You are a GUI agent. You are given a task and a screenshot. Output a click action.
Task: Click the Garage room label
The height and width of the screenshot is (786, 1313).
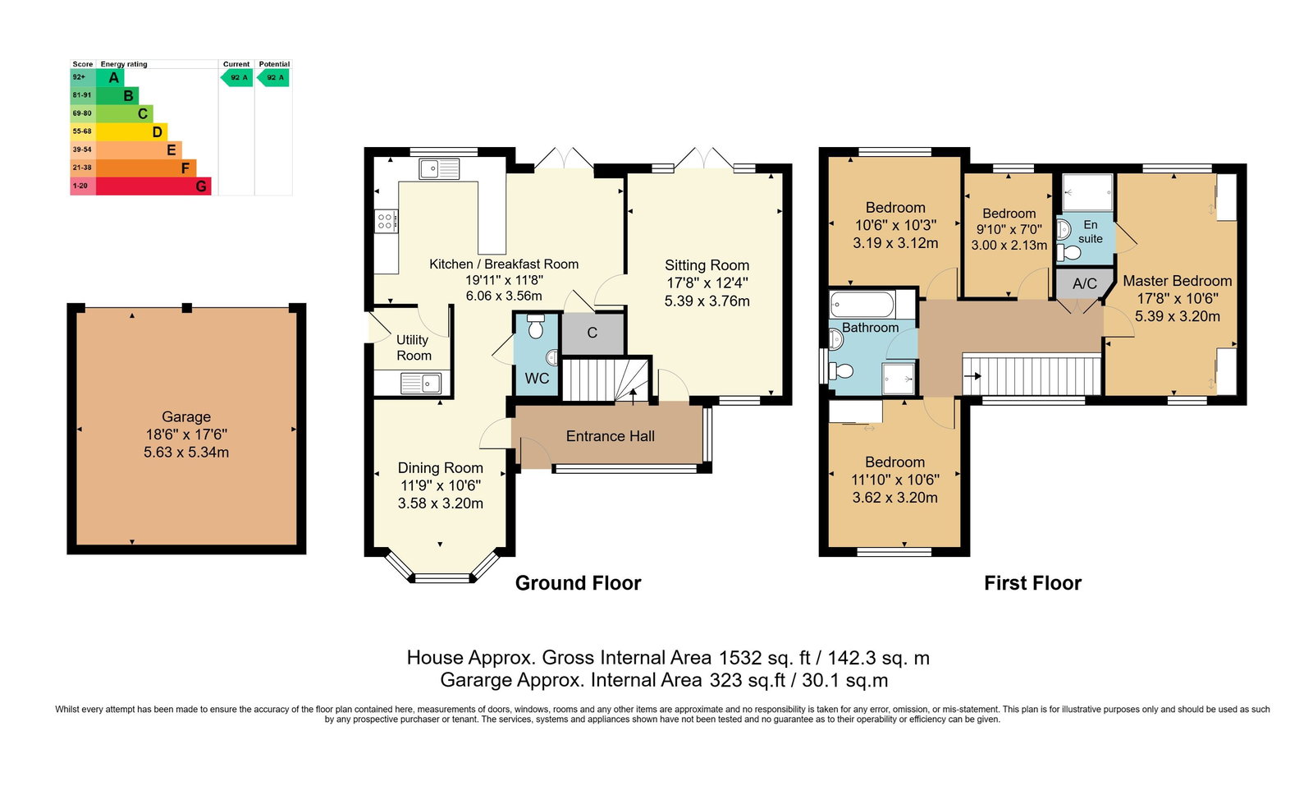[x=186, y=417]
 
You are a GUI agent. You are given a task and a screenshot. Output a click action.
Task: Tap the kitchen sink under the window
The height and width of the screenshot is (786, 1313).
[x=440, y=169]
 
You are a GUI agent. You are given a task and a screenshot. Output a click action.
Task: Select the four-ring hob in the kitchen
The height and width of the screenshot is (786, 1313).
[x=386, y=221]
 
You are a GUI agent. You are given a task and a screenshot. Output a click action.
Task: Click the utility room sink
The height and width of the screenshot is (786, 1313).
[x=421, y=384]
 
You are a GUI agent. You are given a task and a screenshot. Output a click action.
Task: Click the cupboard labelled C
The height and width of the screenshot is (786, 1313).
[x=592, y=333]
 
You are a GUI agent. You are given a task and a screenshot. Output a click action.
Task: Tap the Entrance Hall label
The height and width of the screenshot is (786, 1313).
[x=611, y=436]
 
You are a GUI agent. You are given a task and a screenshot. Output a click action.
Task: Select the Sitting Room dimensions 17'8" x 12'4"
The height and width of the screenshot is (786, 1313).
[x=707, y=283]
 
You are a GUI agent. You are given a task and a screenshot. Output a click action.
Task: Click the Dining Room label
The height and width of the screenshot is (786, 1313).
[x=440, y=467]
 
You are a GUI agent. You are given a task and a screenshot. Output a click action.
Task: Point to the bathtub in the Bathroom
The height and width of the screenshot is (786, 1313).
[x=862, y=305]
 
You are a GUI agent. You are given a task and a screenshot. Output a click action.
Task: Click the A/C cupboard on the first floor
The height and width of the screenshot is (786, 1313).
[x=1084, y=284]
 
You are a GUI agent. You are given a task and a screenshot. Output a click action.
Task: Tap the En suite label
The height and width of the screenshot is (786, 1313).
[x=1091, y=232]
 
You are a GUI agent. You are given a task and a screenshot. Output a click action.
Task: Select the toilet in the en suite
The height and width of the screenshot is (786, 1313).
[x=1069, y=253]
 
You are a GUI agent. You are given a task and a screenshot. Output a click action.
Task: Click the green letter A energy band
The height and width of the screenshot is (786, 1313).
[x=110, y=77]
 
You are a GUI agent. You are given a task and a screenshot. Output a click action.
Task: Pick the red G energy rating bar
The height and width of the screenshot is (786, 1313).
[x=153, y=186]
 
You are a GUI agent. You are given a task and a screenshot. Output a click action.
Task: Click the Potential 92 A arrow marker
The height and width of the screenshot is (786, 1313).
[x=273, y=77]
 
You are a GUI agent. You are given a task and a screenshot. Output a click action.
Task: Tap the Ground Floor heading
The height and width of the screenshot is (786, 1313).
[x=578, y=583]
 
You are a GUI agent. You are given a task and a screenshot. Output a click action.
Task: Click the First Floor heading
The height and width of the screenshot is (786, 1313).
[x=1033, y=583]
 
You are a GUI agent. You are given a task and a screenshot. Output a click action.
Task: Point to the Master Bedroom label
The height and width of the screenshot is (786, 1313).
[x=1177, y=281]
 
